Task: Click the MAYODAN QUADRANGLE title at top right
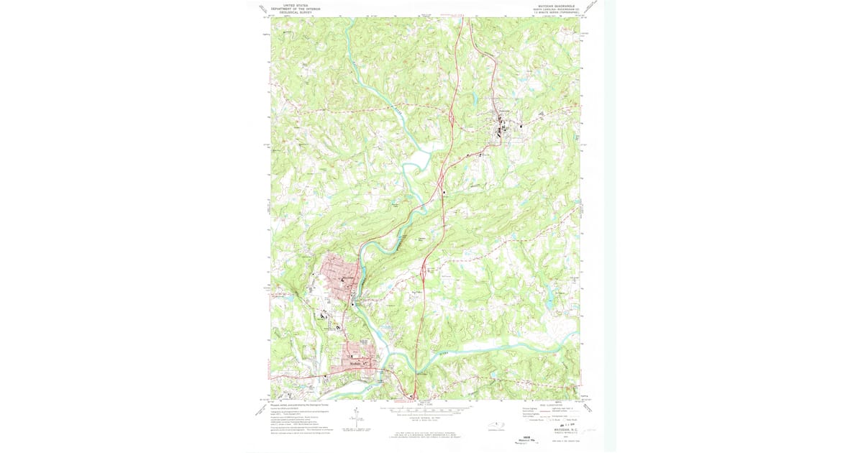554,6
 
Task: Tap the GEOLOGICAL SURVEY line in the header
296,12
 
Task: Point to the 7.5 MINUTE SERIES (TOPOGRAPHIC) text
554,14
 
